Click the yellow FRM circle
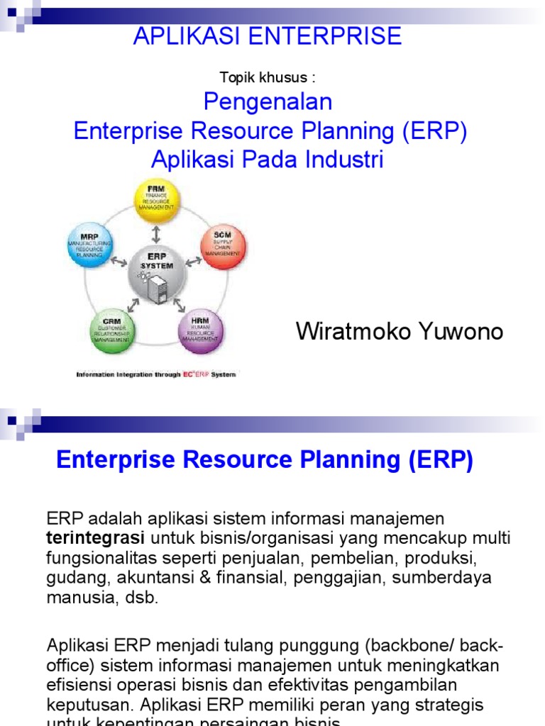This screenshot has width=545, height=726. pyautogui.click(x=157, y=201)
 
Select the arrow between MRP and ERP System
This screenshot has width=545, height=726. pyautogui.click(x=120, y=261)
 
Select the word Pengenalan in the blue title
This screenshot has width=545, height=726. pyautogui.click(x=268, y=102)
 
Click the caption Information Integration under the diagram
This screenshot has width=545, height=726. pyautogui.click(x=115, y=374)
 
